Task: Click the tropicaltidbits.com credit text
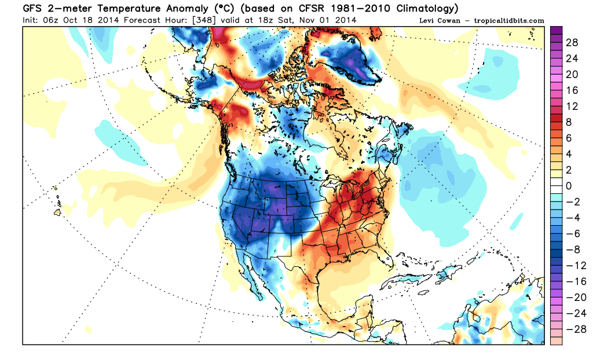pos(510,21)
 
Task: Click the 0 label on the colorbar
pos(569,185)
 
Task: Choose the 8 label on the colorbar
pos(569,122)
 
